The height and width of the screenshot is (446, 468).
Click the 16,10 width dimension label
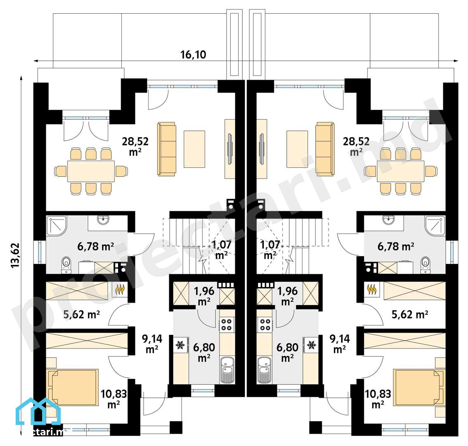pyautogui.click(x=193, y=55)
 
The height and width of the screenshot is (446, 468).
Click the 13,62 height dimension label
pyautogui.click(x=15, y=255)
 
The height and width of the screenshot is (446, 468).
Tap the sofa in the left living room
pyautogui.click(x=167, y=149)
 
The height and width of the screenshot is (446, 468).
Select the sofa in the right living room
pyautogui.click(x=325, y=149)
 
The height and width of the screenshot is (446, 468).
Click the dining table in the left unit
pyautogui.click(x=91, y=171)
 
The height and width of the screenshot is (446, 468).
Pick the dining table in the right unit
pyautogui.click(x=401, y=171)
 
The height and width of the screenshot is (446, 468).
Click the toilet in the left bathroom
pyautogui.click(x=66, y=265)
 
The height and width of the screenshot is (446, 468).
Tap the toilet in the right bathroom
pyautogui.click(x=425, y=265)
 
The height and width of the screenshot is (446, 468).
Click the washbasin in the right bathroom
pyautogui.click(x=388, y=220)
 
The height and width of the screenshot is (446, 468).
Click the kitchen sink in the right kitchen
pyautogui.click(x=264, y=370)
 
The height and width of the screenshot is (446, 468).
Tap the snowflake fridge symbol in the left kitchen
pyautogui.click(x=180, y=345)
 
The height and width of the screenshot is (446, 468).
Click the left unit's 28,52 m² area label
pyautogui.click(x=135, y=146)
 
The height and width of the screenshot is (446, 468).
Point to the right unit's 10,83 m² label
pyautogui.click(x=378, y=399)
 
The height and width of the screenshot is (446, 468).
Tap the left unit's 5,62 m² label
pyautogui.click(x=81, y=314)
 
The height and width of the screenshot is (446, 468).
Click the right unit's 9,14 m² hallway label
pyautogui.click(x=340, y=344)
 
